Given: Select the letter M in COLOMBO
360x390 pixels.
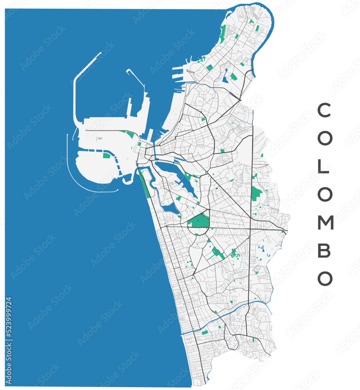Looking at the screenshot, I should click(x=325, y=223).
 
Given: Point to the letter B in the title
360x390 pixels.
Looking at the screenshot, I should click(x=324, y=250).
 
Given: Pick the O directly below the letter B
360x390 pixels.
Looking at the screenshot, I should click(x=324, y=278).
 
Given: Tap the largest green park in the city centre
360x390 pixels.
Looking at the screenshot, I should click(x=199, y=221).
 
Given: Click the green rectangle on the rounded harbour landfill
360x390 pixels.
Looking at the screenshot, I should click(x=106, y=156).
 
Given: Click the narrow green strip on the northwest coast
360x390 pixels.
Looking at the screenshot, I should click(x=223, y=34).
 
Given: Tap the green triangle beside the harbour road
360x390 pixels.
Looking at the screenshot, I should click(x=130, y=134).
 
